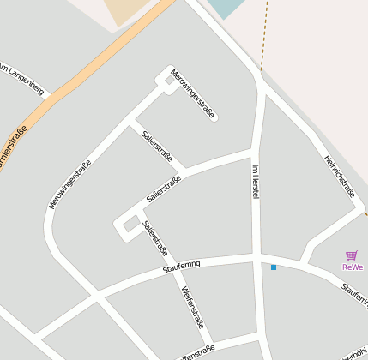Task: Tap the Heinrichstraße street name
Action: click(x=339, y=175)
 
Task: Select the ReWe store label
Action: click(x=352, y=267)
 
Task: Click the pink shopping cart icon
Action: click(x=351, y=255)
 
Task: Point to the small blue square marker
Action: click(x=274, y=267)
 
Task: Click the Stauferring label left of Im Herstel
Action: click(x=181, y=267)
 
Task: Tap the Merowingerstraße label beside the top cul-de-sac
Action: click(x=192, y=93)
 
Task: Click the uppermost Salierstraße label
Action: click(x=158, y=147)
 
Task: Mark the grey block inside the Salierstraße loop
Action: click(x=130, y=225)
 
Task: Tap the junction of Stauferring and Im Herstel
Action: click(x=256, y=257)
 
